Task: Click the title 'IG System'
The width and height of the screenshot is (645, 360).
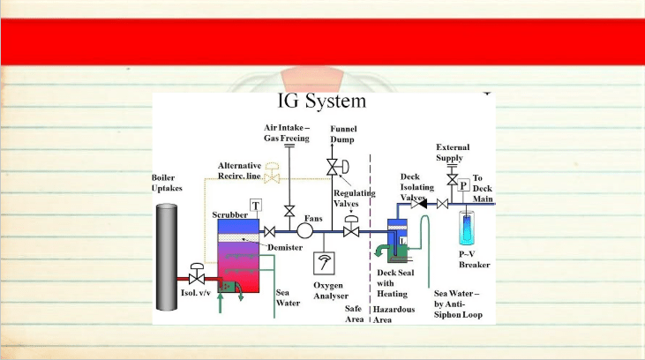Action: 322,101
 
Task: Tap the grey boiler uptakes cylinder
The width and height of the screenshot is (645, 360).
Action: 167,257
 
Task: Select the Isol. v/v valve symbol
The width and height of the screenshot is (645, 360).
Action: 197,274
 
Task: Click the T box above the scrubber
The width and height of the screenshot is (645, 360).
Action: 256,206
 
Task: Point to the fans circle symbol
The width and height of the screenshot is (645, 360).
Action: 304,231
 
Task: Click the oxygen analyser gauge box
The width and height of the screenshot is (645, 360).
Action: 324,263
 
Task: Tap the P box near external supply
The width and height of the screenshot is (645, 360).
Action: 463,185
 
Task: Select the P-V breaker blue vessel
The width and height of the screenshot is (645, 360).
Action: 467,229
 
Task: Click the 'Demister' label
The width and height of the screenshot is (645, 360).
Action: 285,247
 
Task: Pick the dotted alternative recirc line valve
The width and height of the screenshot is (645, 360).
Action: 272,173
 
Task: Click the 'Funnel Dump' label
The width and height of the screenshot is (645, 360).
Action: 343,134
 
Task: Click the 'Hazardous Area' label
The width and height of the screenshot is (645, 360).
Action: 394,314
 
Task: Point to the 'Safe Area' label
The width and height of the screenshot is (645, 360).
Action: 354,314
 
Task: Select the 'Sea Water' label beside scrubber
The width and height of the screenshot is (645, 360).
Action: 288,297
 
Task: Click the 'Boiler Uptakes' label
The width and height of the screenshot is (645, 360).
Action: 167,183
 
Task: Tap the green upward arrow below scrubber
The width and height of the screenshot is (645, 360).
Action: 220,303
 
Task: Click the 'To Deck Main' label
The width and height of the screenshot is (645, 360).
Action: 483,189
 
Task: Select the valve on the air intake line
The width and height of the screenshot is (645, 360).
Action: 289,212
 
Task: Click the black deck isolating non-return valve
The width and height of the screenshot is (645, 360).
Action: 419,204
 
